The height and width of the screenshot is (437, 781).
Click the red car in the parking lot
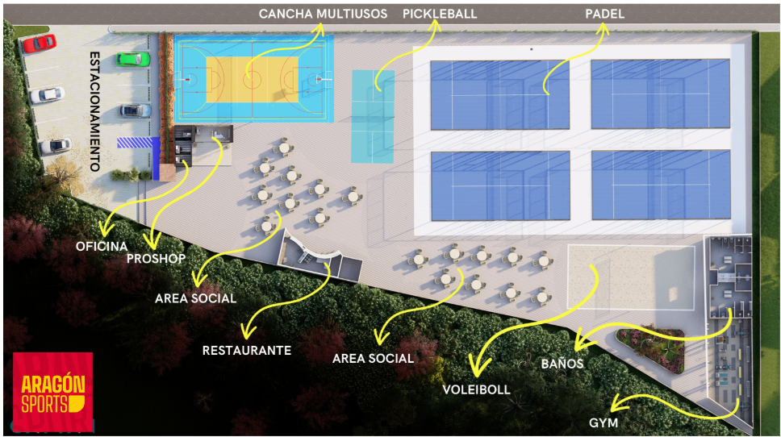coord(40,43)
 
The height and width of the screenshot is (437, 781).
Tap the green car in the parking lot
coord(133,59)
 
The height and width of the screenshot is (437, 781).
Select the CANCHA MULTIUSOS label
coord(323,14)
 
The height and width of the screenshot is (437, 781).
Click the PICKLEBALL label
coord(440,14)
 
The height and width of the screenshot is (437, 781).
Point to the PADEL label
coord(604,14)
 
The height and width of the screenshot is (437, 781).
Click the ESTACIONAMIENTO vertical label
coord(95,111)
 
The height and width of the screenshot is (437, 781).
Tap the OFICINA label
coord(102,246)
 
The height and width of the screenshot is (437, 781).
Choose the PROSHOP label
coord(156,258)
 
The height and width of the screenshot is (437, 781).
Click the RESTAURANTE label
coord(247,351)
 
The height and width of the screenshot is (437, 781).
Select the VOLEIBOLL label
coord(477,389)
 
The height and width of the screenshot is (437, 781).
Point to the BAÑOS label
coord(562,364)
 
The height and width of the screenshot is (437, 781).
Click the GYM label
coord(603,422)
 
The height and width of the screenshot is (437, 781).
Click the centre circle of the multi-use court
coord(253,79)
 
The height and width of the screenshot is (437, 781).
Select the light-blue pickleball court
coord(373,116)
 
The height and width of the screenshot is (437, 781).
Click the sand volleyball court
coord(631,277)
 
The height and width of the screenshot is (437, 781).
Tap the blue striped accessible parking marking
coord(135,143)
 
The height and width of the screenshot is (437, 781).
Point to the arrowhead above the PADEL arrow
coord(603,29)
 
